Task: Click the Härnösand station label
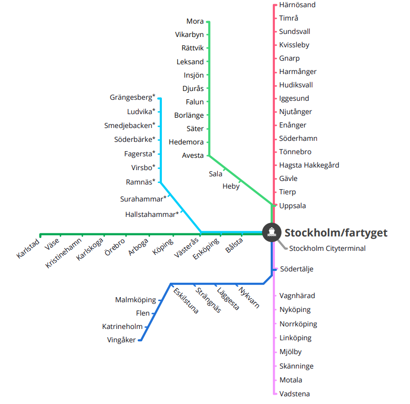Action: [x=297, y=5]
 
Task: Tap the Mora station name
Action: [x=195, y=22]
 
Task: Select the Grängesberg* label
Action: [x=132, y=98]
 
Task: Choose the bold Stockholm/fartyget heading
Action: [x=336, y=233]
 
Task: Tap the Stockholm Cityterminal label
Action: [x=327, y=249]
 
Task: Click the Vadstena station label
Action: [x=294, y=394]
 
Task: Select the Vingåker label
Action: [x=121, y=340]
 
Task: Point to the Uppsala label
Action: [x=292, y=206]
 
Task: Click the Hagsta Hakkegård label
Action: [x=309, y=166]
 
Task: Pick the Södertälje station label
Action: [x=296, y=269]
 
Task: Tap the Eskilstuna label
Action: [x=186, y=301]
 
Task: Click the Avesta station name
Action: [x=193, y=155]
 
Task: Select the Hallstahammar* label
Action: [x=152, y=214]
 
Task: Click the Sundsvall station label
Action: [x=294, y=32]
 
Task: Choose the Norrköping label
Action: [x=298, y=324]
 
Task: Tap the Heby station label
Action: [x=231, y=187]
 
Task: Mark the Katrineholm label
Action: [x=122, y=326]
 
